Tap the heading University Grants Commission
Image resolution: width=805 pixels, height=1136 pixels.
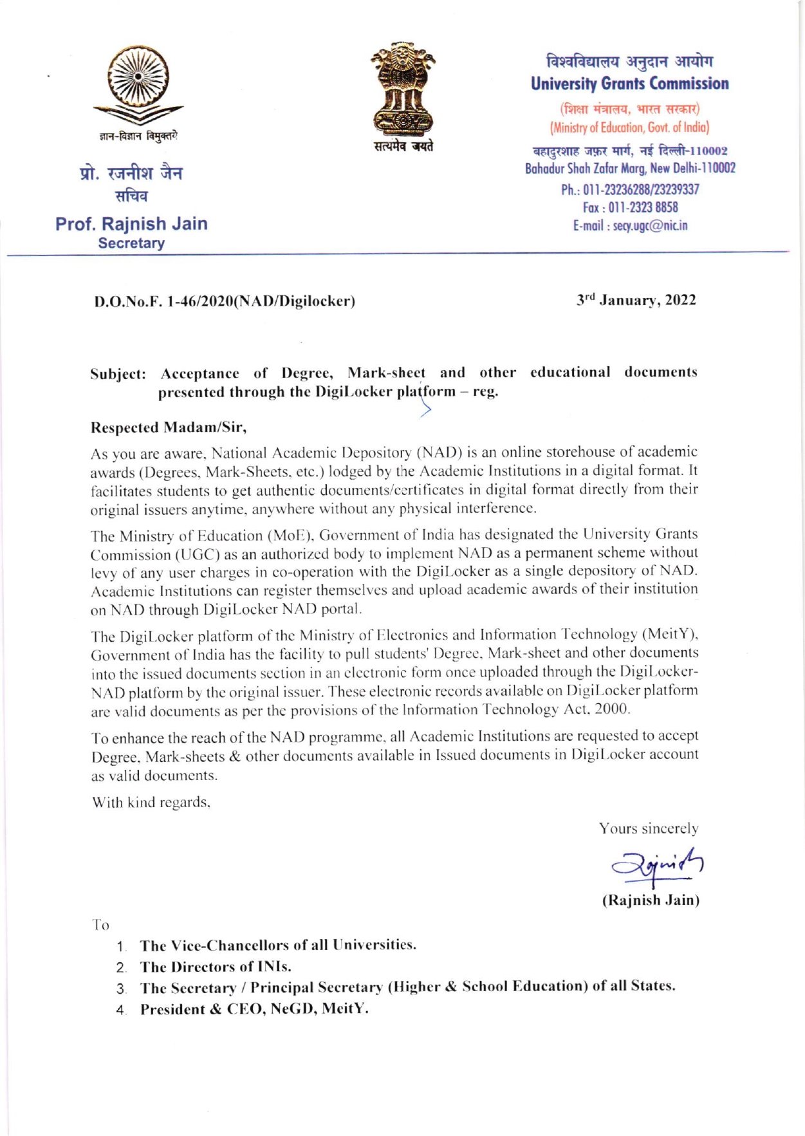point(629,84)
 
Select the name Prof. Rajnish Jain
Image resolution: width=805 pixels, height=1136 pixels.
point(131,224)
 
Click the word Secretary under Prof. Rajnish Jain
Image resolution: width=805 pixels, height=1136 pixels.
point(131,243)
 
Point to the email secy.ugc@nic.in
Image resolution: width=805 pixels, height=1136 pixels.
point(630,226)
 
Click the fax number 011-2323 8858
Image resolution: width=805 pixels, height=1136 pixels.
point(630,207)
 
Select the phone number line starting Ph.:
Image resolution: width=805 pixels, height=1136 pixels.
point(630,189)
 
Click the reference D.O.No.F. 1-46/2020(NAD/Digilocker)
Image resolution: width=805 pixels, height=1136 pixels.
point(225,301)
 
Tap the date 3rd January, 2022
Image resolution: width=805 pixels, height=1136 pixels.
point(636,300)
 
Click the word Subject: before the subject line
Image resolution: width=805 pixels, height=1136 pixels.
point(118,374)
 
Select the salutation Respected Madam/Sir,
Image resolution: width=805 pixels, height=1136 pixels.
point(169,427)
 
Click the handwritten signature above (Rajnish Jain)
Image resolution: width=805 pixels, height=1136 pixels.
point(657,866)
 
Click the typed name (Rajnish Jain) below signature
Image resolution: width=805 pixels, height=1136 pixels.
point(651,900)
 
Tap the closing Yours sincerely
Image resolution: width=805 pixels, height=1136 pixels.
point(649,828)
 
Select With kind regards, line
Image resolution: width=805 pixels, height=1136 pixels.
point(151,802)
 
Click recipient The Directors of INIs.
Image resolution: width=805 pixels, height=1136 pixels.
point(216,967)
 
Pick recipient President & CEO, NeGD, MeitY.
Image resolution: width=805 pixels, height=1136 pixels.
point(254,1009)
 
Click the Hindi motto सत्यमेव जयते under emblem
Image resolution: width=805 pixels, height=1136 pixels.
point(404,146)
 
